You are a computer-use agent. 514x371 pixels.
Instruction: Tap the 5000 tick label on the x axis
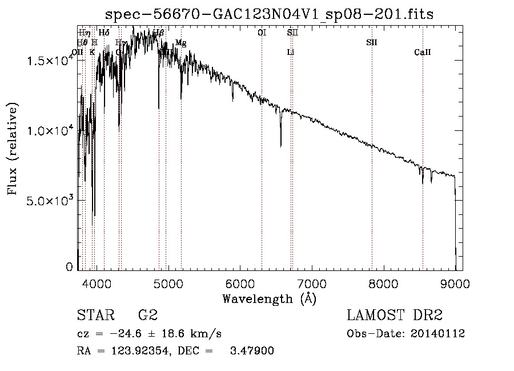pyautogui.click(x=167, y=282)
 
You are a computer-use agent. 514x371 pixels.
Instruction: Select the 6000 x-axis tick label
pyautogui.click(x=239, y=282)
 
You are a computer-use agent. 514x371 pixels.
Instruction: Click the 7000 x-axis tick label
pyautogui.click(x=311, y=282)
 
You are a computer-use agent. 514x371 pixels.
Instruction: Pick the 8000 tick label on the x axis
pyautogui.click(x=383, y=282)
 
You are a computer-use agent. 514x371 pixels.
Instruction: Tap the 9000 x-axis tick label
pyautogui.click(x=455, y=282)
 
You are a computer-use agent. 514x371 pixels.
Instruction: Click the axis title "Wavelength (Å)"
pyautogui.click(x=269, y=298)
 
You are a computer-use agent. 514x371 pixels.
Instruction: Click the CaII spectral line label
pyautogui.click(x=423, y=53)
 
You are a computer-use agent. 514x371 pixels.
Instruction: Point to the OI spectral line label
pyautogui.click(x=262, y=33)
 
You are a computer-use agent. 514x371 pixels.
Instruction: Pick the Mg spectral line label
pyautogui.click(x=181, y=43)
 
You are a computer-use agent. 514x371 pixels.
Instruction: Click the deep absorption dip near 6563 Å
pyautogui.click(x=281, y=143)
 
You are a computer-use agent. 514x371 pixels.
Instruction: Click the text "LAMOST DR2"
pyautogui.click(x=395, y=316)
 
